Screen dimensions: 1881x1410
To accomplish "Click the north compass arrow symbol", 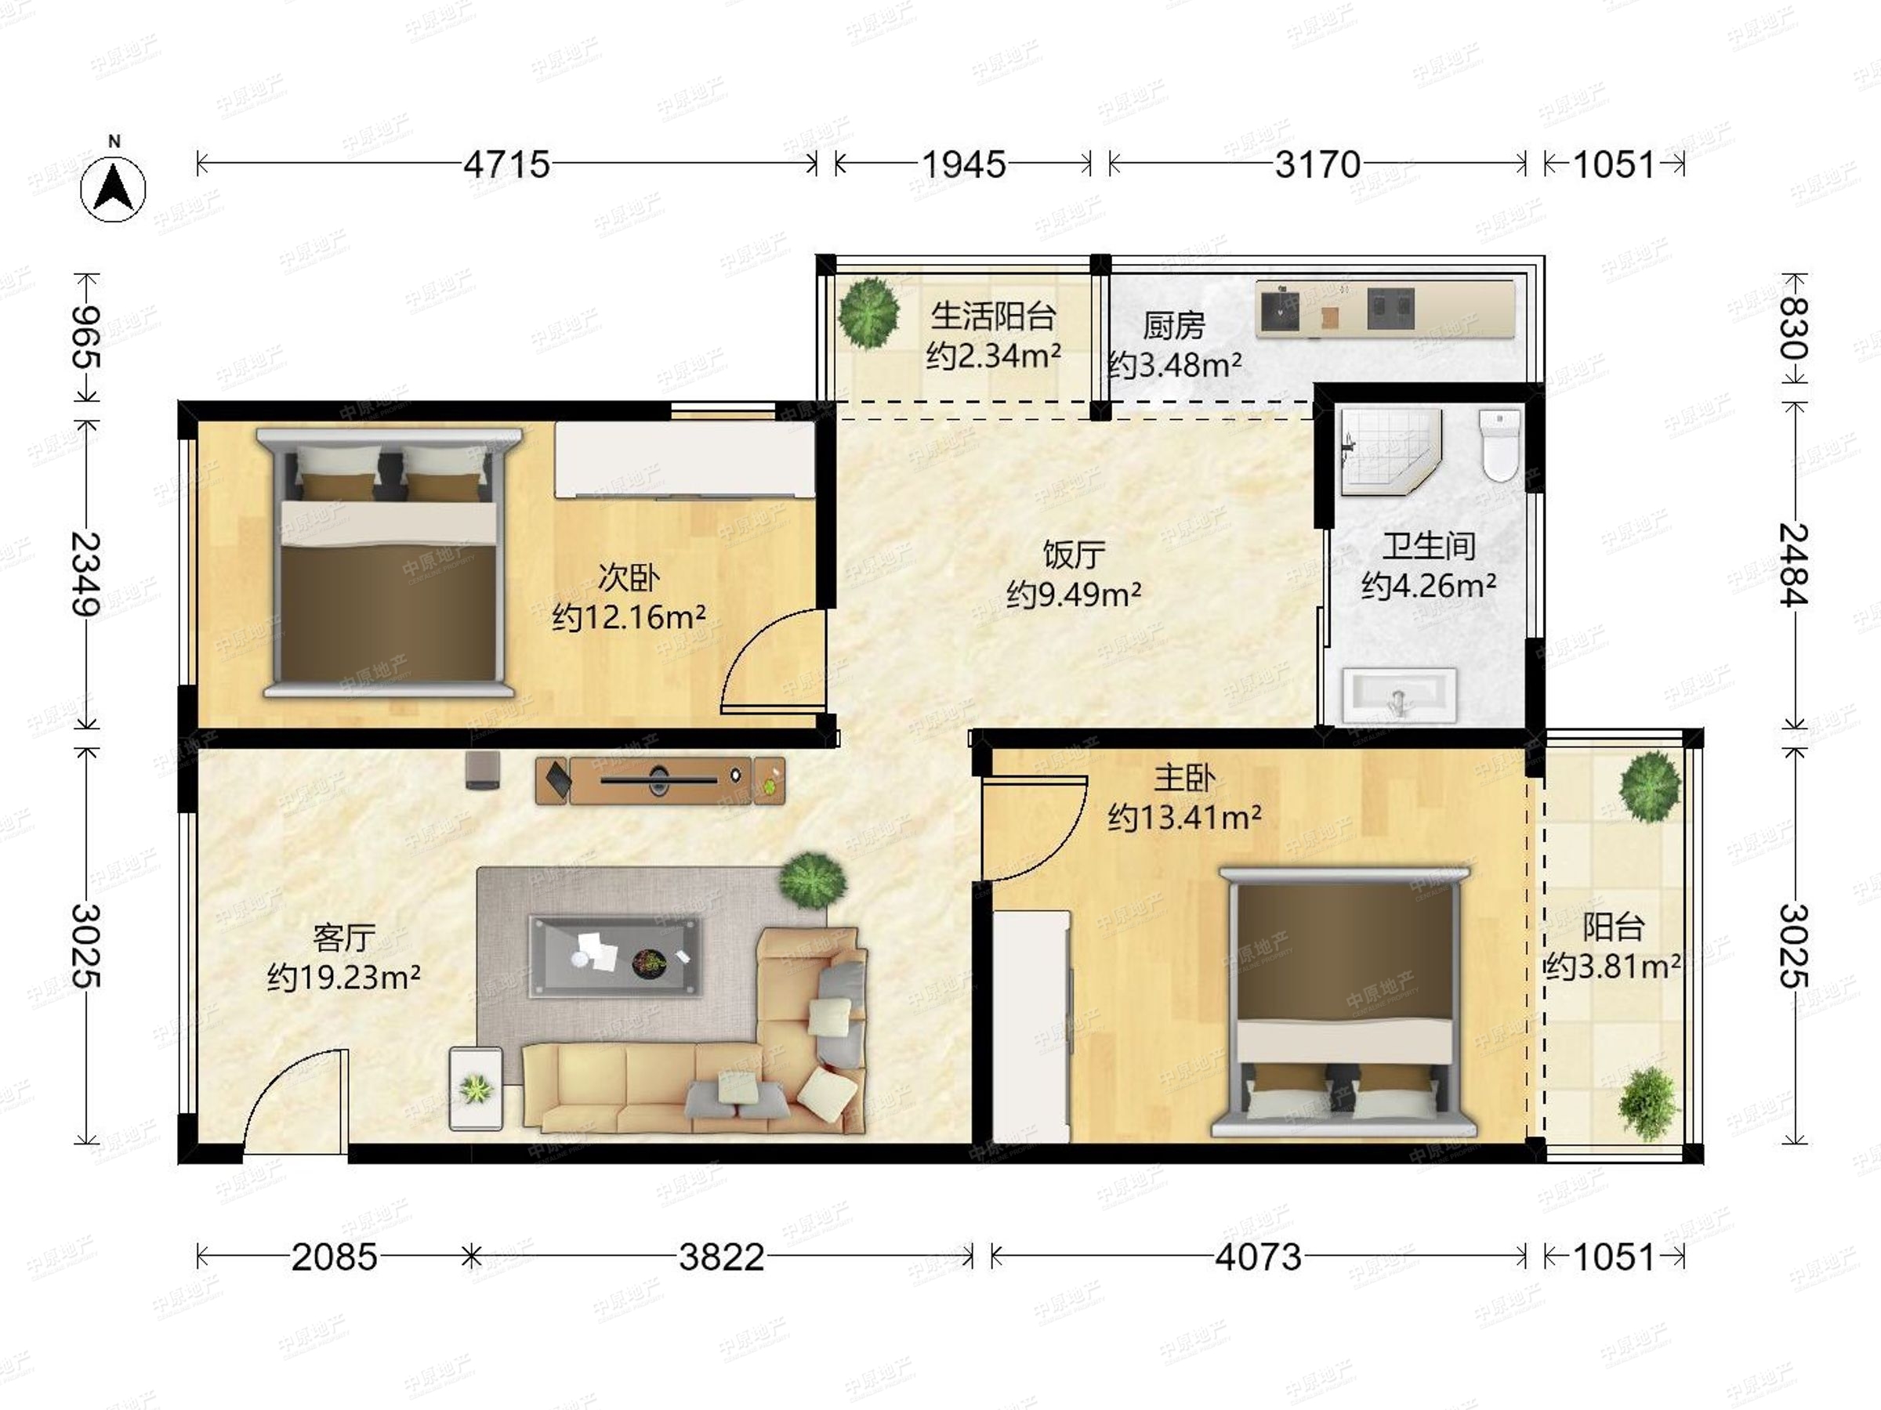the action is (113, 188).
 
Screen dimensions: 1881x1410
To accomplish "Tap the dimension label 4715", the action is (507, 164).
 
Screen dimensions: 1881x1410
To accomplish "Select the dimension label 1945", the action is (963, 164).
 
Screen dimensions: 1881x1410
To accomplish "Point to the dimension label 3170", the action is (1317, 164).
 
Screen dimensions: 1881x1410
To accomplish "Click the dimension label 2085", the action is (334, 1257).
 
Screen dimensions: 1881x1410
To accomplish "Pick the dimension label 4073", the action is (1258, 1257).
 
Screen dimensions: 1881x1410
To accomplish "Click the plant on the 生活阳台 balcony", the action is (868, 313).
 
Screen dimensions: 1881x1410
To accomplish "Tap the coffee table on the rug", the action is (616, 956).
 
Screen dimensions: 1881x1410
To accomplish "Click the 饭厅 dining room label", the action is (1073, 555).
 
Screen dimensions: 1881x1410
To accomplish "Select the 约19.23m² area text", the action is (343, 978).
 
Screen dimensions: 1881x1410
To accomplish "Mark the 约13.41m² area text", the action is (1183, 818).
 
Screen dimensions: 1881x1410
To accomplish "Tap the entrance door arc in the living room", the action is (295, 1101).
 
